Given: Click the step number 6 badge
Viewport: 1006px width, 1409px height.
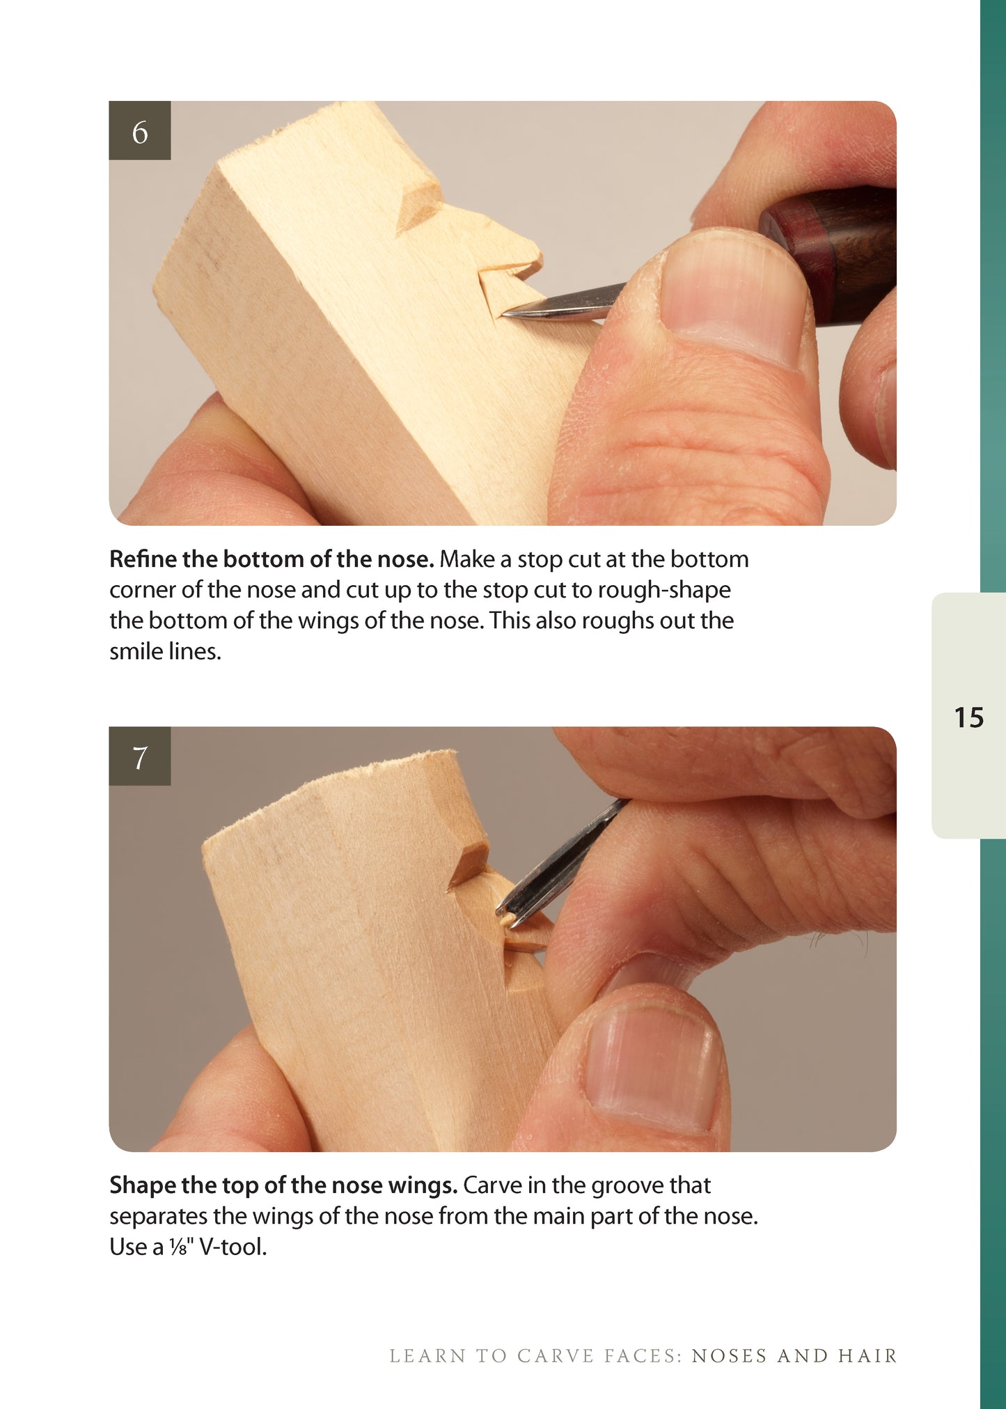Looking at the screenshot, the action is [x=140, y=130].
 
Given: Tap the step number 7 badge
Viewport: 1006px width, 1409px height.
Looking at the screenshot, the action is [x=140, y=756].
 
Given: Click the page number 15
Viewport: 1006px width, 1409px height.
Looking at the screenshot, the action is [x=968, y=717].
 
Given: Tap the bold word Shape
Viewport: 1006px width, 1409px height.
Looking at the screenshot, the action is [x=143, y=1185].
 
